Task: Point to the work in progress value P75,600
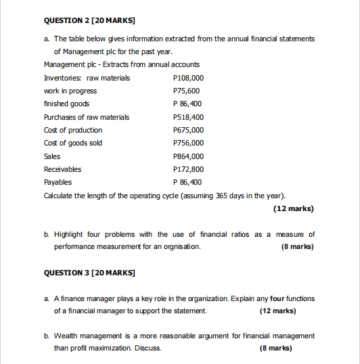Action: [x=187, y=91]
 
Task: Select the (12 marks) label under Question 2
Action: [x=293, y=208]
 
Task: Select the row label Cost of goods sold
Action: [x=73, y=143]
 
